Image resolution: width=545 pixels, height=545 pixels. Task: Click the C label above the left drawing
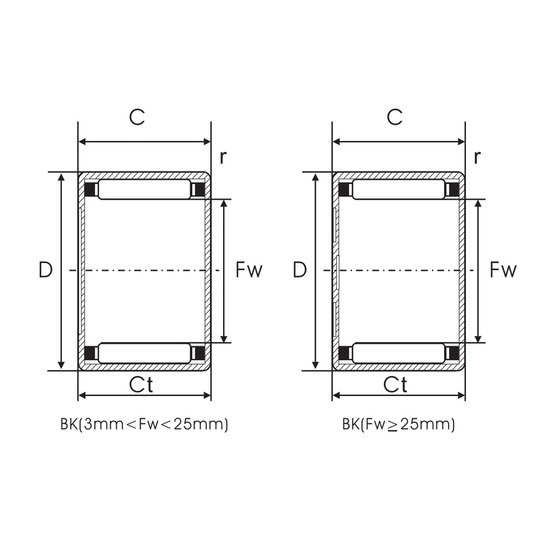pos(137,117)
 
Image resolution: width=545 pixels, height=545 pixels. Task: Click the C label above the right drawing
pos(394,117)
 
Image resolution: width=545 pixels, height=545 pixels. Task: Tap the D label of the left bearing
pos(45,270)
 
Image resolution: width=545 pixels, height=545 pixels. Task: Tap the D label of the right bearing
pos(300,270)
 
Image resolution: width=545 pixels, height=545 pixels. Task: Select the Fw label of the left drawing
pos(249,270)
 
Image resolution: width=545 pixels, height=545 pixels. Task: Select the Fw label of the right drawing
pos(503,270)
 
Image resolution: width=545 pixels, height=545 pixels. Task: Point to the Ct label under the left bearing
pos(141,384)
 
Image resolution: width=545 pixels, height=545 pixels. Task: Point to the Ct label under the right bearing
pos(395,384)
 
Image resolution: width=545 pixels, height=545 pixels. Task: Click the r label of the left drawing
pos(222,157)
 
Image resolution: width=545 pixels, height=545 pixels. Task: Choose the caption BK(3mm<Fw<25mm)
pos(144,425)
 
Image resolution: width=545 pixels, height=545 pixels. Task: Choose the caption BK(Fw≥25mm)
pos(399,425)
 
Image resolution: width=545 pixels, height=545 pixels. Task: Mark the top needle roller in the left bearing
pos(145,189)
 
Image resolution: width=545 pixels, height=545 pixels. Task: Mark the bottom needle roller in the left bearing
pos(145,353)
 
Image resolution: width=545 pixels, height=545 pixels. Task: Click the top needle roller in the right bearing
pos(399,189)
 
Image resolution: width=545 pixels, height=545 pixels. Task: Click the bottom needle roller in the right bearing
pos(399,353)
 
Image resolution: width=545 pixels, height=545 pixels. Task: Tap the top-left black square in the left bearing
pos(90,189)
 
